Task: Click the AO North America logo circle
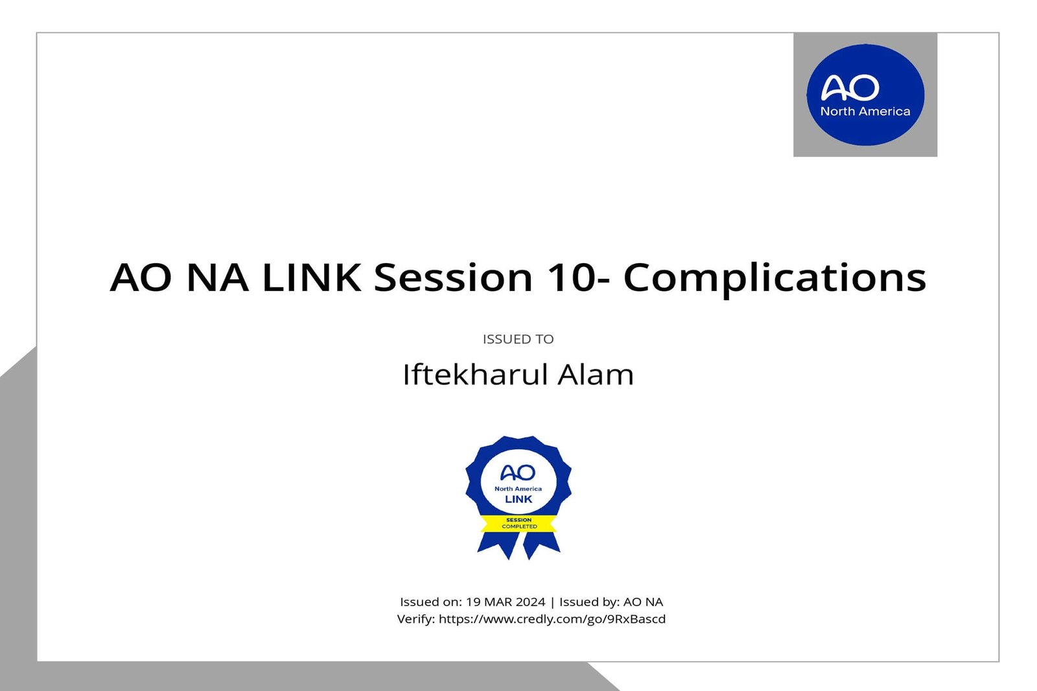tap(865, 95)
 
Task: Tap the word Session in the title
tap(453, 277)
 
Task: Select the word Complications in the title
tap(775, 277)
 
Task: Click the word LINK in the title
tap(311, 277)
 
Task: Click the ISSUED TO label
tap(518, 339)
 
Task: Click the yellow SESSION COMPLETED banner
tap(518, 523)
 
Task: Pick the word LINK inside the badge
tap(518, 499)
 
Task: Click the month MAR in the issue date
tap(498, 602)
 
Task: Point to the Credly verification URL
tap(552, 619)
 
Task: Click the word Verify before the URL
tap(415, 619)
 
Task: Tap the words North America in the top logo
tap(865, 111)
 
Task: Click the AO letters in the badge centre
tap(518, 473)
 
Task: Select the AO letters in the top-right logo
tap(850, 88)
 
